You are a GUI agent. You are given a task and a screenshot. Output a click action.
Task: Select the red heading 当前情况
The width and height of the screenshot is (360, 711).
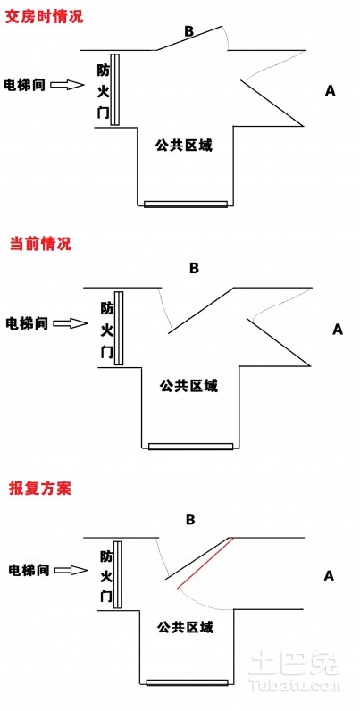(41, 244)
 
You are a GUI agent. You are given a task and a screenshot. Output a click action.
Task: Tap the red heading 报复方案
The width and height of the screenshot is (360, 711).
(40, 489)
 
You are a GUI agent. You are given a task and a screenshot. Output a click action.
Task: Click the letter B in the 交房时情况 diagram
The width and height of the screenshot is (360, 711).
(189, 32)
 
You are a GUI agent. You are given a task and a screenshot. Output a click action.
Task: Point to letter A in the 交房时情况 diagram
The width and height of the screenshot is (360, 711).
(331, 91)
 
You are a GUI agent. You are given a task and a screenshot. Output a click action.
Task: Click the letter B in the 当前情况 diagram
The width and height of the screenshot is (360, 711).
(194, 269)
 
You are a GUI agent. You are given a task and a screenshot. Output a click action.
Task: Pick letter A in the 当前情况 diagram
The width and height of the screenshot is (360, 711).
(338, 330)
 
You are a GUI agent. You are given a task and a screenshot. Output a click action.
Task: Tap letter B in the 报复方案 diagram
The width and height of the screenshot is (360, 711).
(190, 520)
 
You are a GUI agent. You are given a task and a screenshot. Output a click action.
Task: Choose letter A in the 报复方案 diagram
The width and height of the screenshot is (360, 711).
(329, 576)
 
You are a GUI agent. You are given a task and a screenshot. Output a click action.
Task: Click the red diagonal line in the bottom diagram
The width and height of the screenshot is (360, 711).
(205, 563)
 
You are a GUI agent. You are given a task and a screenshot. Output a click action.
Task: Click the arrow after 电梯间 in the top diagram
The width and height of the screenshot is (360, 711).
(67, 84)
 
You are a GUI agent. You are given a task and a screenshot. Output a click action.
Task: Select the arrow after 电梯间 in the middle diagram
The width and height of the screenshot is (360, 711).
(70, 322)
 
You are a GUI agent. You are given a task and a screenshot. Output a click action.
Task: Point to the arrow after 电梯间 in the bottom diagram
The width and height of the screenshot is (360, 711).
(70, 570)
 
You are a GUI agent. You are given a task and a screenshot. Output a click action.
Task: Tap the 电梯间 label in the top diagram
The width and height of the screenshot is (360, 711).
(24, 85)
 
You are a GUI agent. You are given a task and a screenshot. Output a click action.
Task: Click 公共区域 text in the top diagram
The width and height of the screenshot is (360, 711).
(183, 146)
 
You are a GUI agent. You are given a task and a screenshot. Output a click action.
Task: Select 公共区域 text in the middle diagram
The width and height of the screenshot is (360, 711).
(188, 386)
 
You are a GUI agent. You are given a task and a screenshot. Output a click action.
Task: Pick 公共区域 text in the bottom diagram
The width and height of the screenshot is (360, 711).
(186, 628)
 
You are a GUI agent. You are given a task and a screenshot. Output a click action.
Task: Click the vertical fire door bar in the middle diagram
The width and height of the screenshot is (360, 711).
(119, 328)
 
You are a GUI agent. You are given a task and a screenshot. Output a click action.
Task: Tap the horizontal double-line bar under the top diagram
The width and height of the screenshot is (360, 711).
(186, 204)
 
